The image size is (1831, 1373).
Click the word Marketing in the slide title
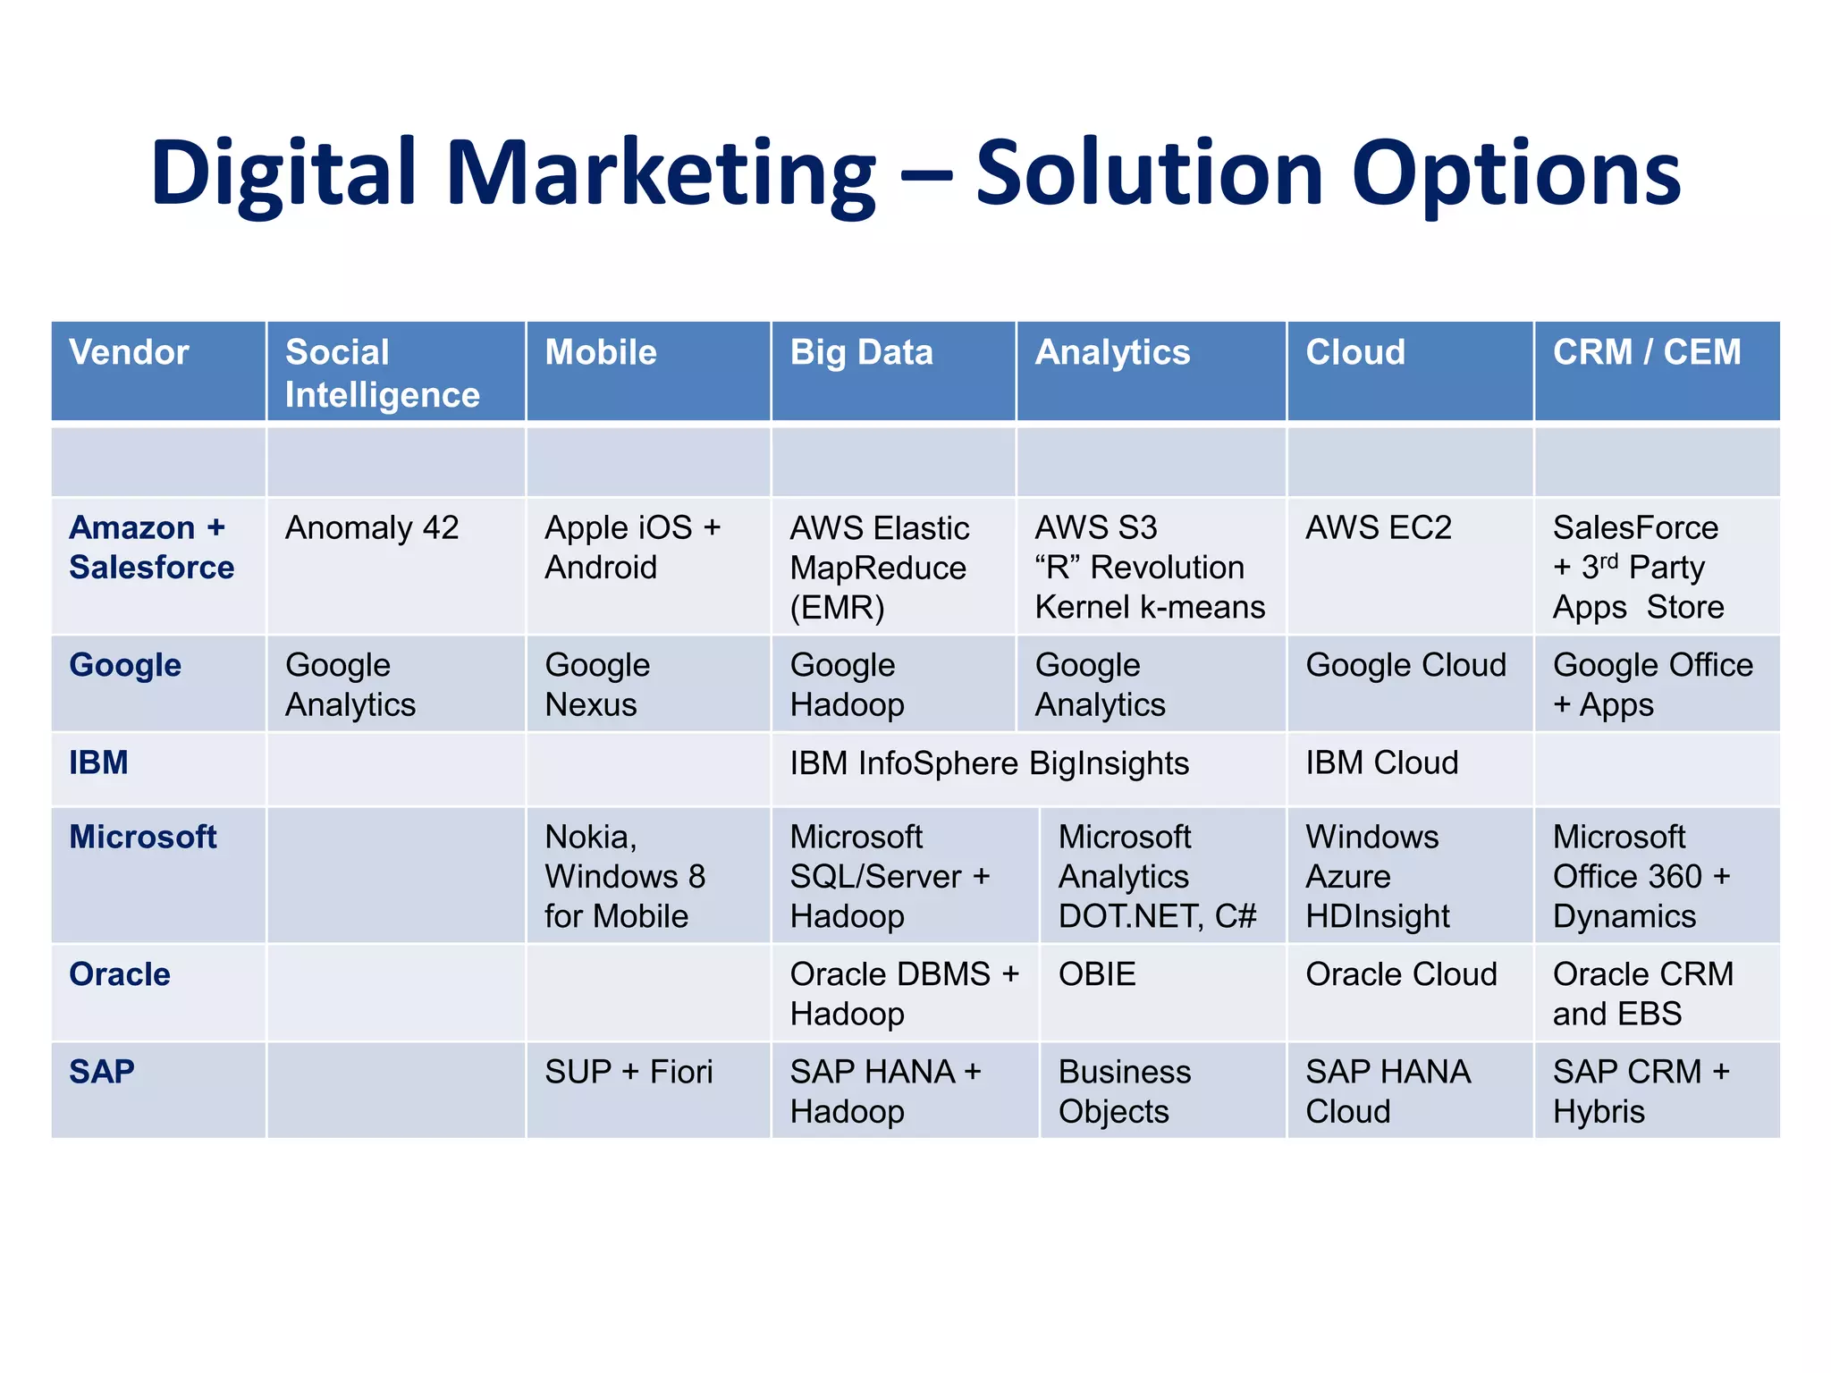[661, 174]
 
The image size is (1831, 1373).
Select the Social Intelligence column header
[382, 373]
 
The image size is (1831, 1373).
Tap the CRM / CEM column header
[1646, 352]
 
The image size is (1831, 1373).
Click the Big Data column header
[861, 352]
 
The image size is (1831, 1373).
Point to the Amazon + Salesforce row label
[151, 547]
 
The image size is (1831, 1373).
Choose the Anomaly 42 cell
[372, 528]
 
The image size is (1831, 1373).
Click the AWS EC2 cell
[1379, 528]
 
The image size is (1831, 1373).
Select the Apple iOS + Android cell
[632, 547]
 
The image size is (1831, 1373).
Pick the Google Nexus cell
[597, 685]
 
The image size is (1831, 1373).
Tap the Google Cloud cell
[1405, 665]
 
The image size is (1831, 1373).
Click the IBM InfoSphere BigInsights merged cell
[989, 763]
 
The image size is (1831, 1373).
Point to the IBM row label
[98, 762]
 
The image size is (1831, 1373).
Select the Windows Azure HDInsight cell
[1377, 876]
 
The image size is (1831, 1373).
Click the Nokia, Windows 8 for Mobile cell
[625, 876]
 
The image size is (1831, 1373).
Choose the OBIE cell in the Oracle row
[1097, 974]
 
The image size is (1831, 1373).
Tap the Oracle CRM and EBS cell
[1643, 993]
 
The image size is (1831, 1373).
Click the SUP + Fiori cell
[629, 1072]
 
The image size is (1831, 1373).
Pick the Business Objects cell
[1124, 1091]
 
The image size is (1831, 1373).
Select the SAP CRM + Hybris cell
[1641, 1091]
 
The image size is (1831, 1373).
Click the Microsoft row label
[143, 838]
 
